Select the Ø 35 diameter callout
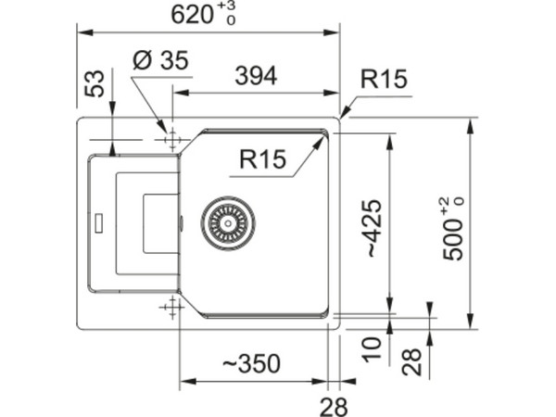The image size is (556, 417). point(160,60)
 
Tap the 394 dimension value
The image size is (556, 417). point(256,76)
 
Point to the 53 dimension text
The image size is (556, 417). point(95,83)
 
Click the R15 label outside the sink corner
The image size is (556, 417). point(384,79)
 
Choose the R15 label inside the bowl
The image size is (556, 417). point(263,158)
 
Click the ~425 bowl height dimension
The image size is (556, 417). point(374,229)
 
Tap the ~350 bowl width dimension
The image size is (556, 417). point(251,363)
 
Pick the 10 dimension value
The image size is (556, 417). point(372,349)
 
